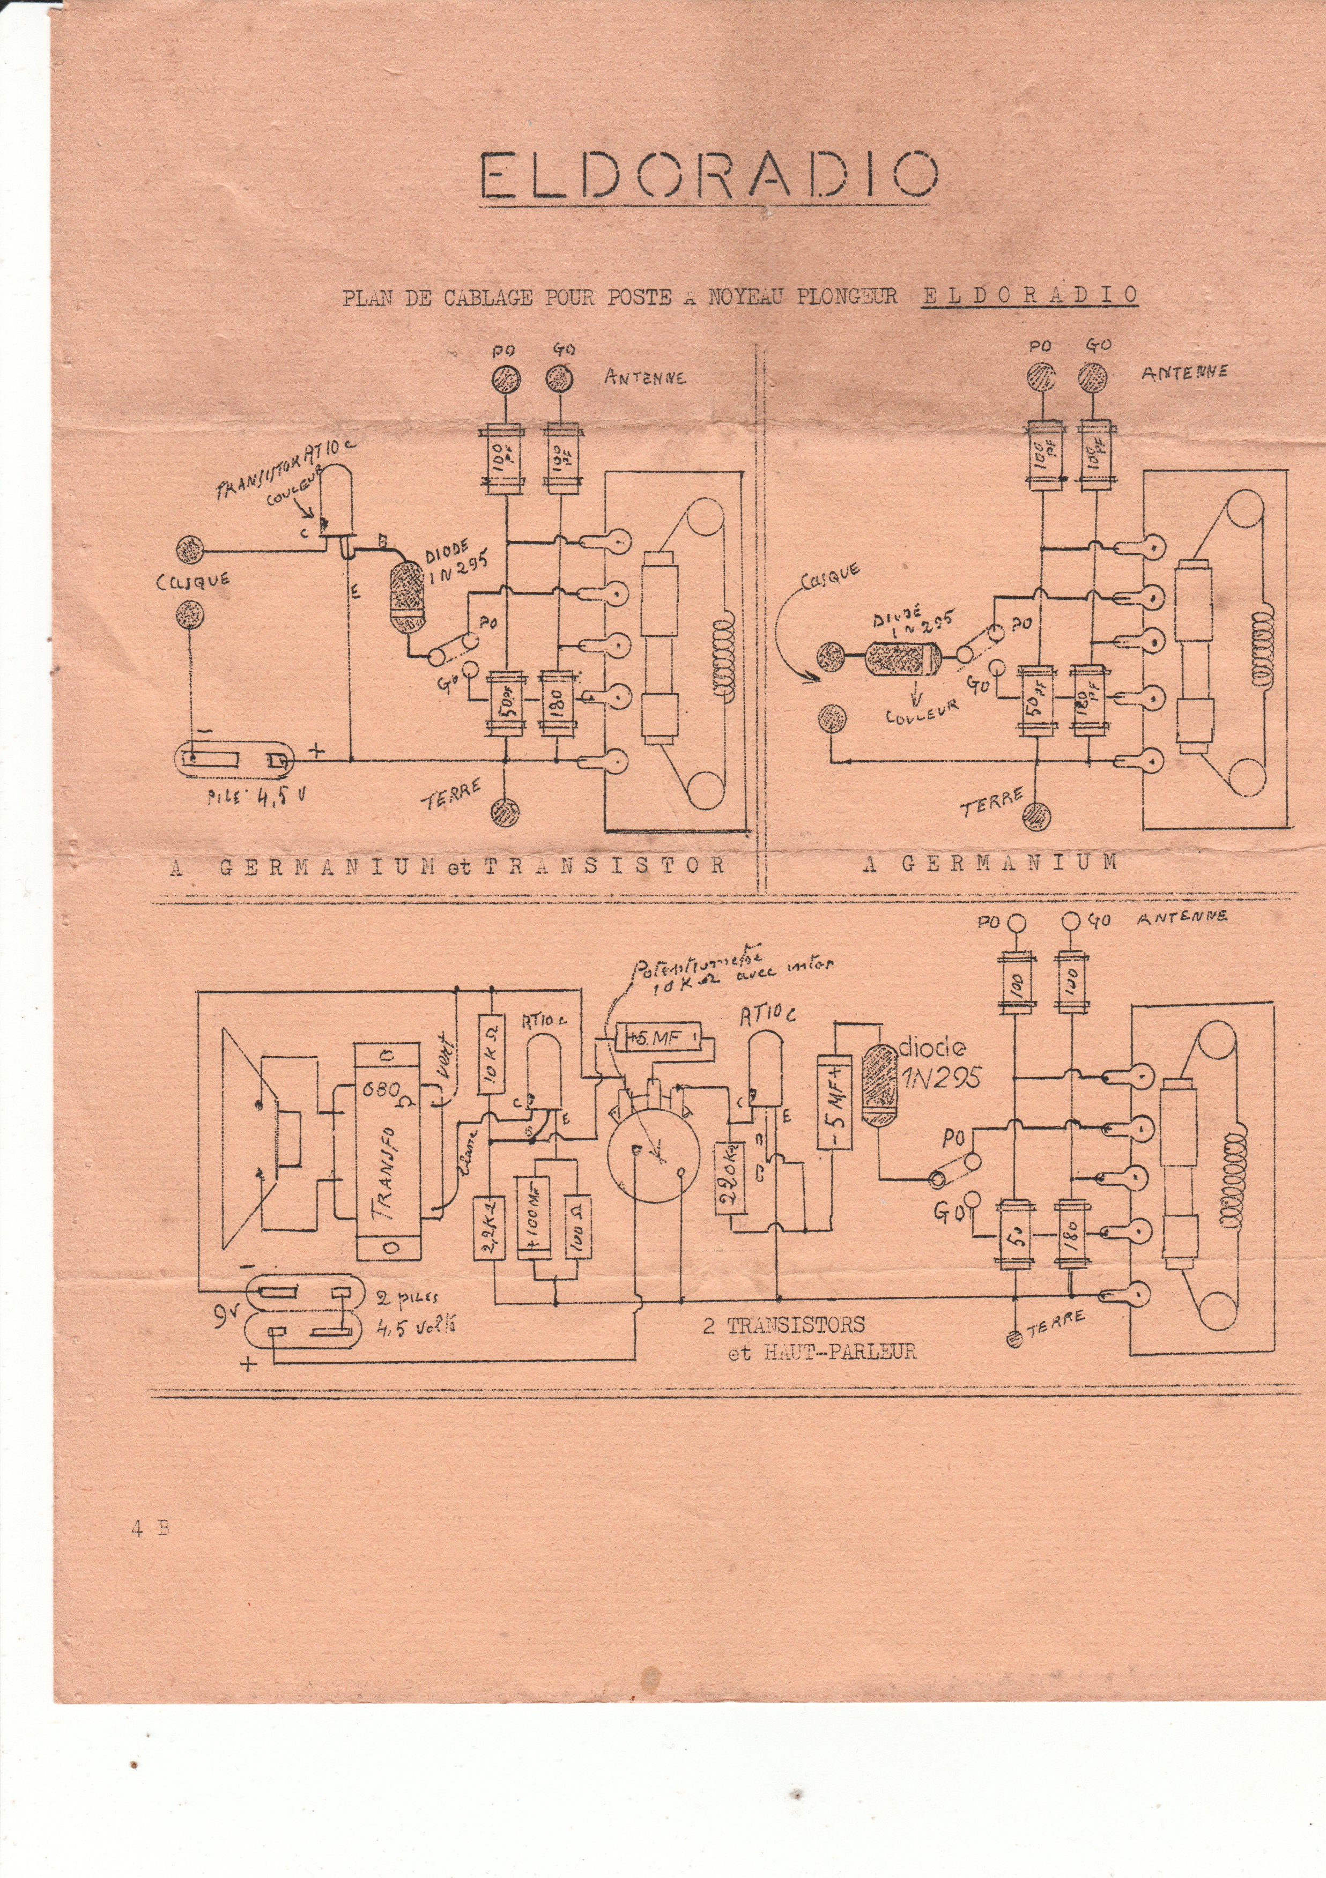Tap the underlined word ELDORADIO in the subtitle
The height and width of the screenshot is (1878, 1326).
(1029, 295)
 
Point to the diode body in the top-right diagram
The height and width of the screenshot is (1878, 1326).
(901, 656)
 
